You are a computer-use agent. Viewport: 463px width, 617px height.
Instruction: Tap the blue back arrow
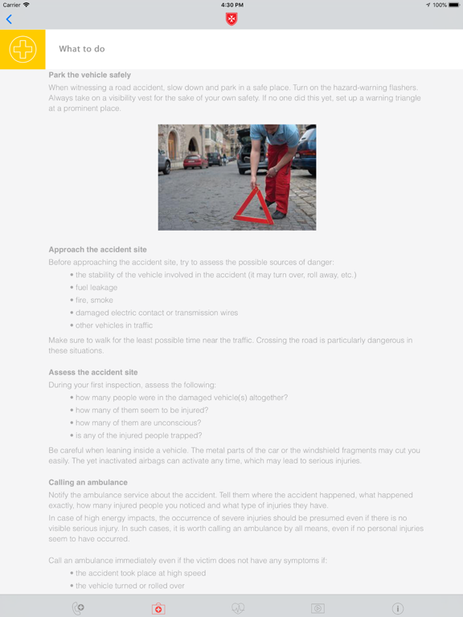pos(9,19)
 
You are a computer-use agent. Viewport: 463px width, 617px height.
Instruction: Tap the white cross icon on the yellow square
pos(23,50)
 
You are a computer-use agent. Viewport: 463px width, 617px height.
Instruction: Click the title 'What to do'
pos(82,50)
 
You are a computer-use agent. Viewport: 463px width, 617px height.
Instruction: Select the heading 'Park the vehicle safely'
pos(90,75)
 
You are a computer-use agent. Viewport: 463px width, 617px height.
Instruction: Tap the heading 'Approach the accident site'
pos(97,250)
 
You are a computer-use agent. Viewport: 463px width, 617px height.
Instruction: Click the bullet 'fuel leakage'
pos(96,288)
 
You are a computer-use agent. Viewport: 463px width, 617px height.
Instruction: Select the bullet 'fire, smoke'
pos(94,300)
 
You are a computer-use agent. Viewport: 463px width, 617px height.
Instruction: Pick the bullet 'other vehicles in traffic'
pos(113,325)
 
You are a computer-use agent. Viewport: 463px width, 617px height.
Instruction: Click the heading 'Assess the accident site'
pos(93,373)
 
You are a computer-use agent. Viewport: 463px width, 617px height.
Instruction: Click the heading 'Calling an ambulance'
pos(88,482)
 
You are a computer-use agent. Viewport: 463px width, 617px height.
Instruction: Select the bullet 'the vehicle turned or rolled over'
pos(130,586)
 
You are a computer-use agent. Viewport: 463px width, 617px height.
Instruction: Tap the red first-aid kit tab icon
pos(158,609)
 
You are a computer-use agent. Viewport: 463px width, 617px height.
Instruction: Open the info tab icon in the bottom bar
pos(397,609)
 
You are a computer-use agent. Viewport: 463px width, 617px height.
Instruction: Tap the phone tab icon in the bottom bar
pos(78,609)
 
